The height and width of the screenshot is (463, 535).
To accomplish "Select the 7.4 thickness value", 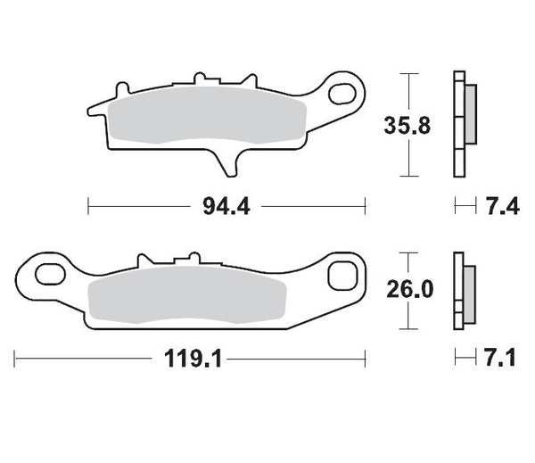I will pos(502,208).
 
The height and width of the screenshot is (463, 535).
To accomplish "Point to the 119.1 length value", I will pos(191,360).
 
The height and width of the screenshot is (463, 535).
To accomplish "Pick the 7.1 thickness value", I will pos(502,360).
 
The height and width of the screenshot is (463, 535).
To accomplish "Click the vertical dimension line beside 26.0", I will pos(407,290).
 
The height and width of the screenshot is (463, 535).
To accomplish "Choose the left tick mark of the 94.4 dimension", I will pos(88,208).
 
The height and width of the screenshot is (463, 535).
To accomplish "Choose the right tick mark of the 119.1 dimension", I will pos(366,360).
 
